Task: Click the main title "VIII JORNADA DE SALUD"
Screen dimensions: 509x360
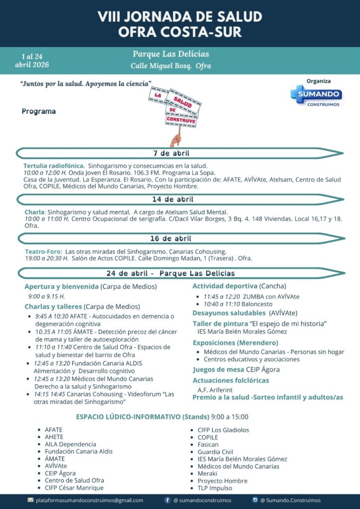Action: click(180, 16)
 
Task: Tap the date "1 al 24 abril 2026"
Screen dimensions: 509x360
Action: click(35, 60)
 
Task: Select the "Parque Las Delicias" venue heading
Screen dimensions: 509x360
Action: click(171, 54)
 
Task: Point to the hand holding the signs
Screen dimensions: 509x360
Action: click(176, 139)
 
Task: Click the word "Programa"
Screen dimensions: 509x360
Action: click(39, 111)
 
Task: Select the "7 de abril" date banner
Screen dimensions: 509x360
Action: click(171, 153)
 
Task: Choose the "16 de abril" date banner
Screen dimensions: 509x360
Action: click(171, 239)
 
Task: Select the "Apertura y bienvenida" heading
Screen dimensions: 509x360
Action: click(61, 286)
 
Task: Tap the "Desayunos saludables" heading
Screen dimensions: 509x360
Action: click(229, 313)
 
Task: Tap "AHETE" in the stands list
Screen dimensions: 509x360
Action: click(54, 437)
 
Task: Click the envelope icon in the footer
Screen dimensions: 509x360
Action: click(31, 500)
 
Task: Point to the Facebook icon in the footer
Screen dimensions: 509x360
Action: click(167, 500)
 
